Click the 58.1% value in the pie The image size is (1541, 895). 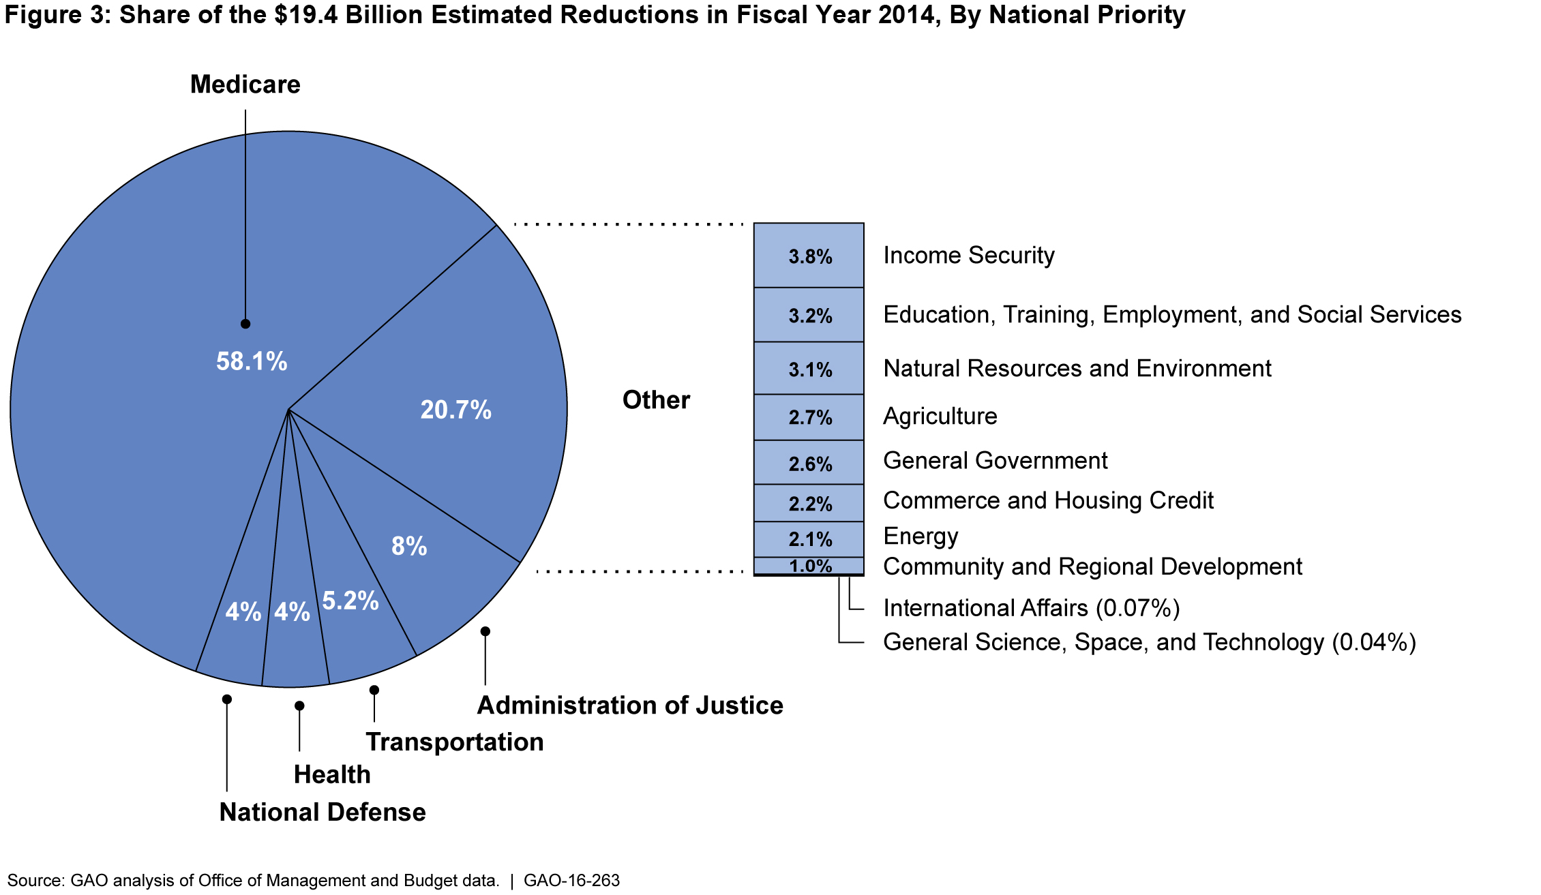coord(252,361)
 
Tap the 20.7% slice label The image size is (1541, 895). coord(455,410)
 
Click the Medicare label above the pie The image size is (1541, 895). coord(245,85)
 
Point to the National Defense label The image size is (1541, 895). coord(323,812)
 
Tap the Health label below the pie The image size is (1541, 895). coord(332,774)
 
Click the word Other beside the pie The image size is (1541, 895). coord(656,400)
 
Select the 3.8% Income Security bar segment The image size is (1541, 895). coord(809,256)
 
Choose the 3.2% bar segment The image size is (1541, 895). coord(809,315)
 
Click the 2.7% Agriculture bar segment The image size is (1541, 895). coord(809,417)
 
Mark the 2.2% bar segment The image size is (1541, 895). coord(809,503)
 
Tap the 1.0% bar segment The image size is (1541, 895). coord(809,566)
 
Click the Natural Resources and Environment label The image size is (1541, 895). coord(1077,369)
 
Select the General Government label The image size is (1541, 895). coord(995,461)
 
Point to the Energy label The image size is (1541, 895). coord(921,536)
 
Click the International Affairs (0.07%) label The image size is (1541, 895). coord(1031,608)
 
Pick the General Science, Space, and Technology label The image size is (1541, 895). coord(1149,642)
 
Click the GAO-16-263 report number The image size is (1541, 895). coord(571,881)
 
